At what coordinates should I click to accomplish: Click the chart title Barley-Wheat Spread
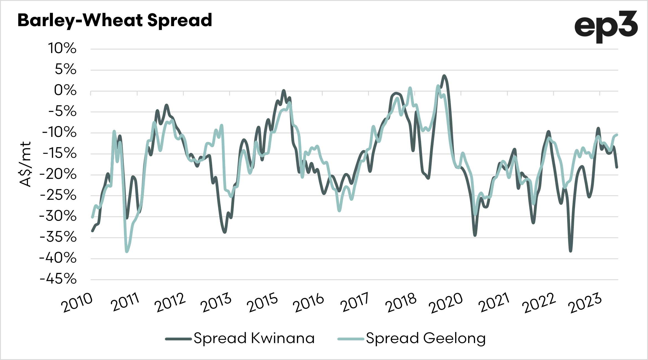click(x=115, y=20)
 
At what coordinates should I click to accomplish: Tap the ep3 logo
click(x=606, y=27)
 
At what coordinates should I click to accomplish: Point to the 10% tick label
click(x=62, y=48)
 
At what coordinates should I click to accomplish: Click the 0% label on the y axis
click(x=65, y=90)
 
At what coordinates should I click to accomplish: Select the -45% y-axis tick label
click(x=58, y=279)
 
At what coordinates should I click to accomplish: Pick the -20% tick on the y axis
click(x=58, y=174)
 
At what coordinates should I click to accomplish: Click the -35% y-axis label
click(x=58, y=237)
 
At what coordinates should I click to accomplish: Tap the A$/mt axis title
click(x=25, y=164)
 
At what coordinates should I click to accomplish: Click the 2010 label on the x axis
click(x=77, y=303)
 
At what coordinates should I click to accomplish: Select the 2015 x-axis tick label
click(x=262, y=303)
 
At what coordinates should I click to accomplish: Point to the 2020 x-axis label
click(x=446, y=303)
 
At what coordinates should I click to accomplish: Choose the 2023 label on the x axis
click(x=585, y=303)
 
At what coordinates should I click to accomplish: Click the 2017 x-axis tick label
click(x=355, y=303)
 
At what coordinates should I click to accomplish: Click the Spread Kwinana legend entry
click(x=254, y=338)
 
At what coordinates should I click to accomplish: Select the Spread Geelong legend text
click(x=426, y=338)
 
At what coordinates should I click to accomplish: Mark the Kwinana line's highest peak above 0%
click(x=444, y=75)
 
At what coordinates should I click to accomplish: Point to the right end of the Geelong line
click(x=617, y=135)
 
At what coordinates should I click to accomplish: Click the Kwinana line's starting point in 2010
click(x=92, y=231)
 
